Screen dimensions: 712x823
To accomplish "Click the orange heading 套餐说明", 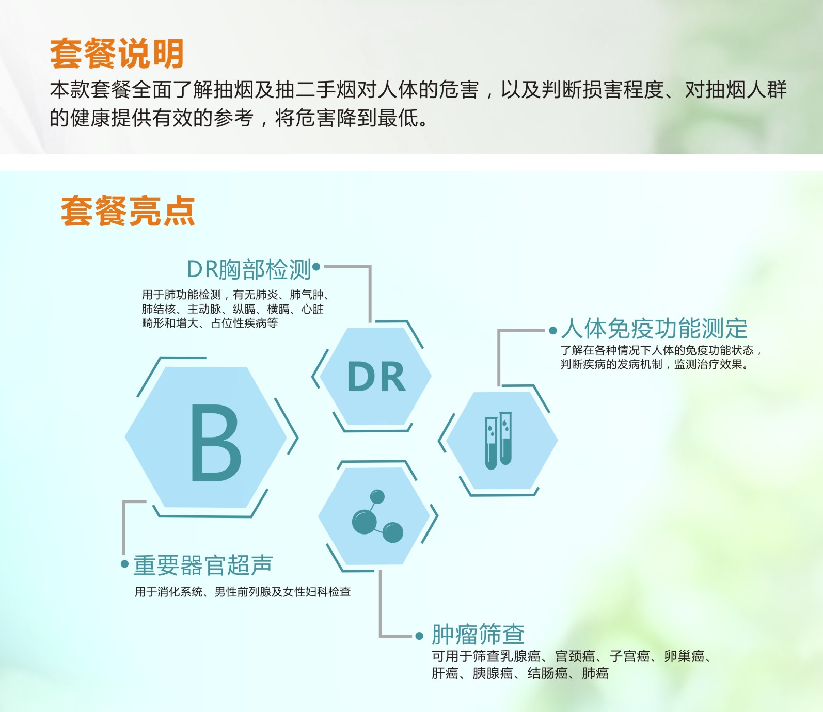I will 117,54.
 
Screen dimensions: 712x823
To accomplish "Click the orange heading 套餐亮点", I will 128,211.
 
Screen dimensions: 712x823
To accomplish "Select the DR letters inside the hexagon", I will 376,377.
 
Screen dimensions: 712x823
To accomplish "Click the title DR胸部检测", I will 249,269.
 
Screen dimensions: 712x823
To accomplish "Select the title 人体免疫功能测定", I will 655,329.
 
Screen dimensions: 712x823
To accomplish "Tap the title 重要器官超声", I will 203,565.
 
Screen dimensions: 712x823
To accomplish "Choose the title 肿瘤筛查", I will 478,635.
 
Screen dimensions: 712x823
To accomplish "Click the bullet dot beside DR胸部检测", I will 316,267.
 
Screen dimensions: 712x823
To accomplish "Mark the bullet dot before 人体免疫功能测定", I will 553,330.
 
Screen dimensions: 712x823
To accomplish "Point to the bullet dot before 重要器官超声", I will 124,564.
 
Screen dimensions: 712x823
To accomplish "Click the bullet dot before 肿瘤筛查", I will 420,636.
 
